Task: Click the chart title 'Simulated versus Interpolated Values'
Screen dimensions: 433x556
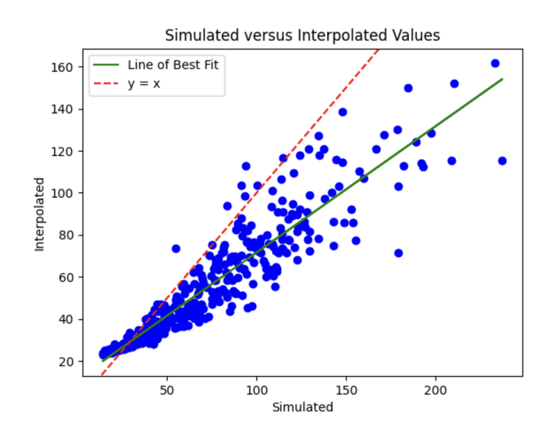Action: [302, 36]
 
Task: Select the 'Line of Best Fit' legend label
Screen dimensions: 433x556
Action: [173, 65]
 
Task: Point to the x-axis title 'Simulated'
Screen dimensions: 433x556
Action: [302, 407]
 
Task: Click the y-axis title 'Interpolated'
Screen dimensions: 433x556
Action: [40, 214]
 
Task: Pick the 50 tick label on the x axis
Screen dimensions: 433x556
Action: [167, 389]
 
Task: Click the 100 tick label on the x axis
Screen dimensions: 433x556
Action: [256, 389]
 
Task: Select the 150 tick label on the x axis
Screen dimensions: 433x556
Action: [346, 389]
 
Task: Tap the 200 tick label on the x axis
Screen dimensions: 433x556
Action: [436, 389]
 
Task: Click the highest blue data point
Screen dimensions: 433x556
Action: [495, 63]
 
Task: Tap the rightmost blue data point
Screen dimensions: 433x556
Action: [502, 161]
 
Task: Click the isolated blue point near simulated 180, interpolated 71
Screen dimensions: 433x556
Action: [398, 253]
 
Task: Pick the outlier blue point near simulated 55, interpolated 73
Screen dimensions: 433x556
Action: [176, 249]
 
